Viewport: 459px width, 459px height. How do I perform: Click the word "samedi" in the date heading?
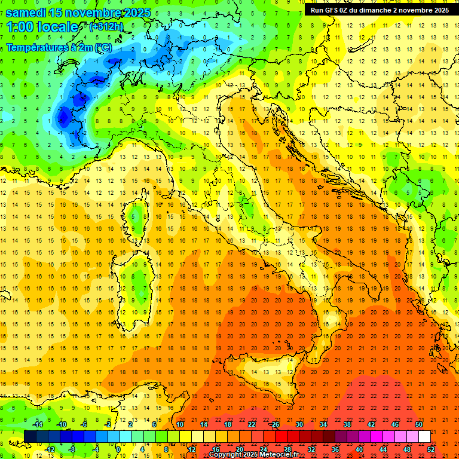[x=26, y=13]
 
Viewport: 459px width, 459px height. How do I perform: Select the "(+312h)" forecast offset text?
[x=108, y=27]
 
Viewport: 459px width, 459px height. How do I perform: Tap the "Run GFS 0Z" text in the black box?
[x=331, y=10]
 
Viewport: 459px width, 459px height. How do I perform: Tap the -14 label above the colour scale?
[x=38, y=424]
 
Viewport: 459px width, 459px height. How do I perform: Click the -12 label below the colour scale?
[x=50, y=449]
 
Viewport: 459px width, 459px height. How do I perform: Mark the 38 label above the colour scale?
[x=347, y=424]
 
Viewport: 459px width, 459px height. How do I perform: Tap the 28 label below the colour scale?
[x=287, y=449]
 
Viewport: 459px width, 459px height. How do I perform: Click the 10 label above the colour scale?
[x=180, y=424]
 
